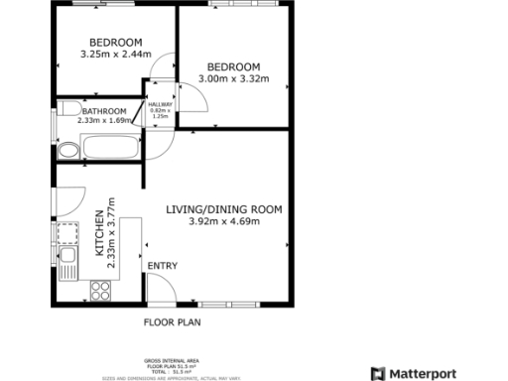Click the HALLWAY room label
coord(160,103)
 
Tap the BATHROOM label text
coord(104,111)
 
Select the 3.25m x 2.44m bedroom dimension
coord(114,54)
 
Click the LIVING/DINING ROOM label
coord(223,209)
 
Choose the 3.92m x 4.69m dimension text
coord(223,221)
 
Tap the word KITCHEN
coord(98,234)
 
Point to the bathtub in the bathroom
coord(112,150)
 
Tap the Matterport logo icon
coord(377,372)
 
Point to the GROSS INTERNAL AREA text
coord(173,362)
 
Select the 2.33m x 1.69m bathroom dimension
coord(104,120)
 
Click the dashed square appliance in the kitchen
coord(67,234)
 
